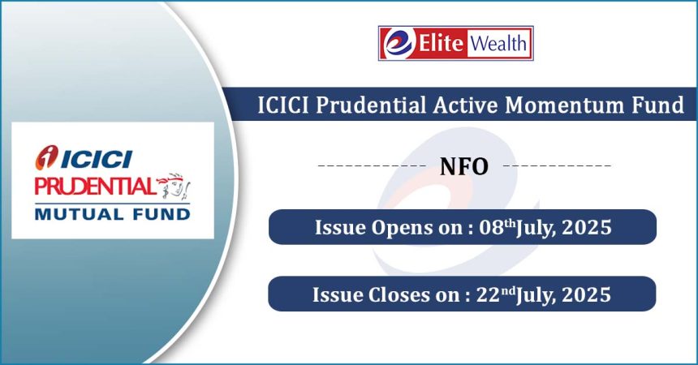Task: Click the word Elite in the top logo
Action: click(x=441, y=43)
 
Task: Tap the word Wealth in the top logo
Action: click(x=498, y=43)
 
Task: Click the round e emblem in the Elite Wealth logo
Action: click(x=398, y=43)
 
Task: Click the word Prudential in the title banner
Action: click(x=371, y=105)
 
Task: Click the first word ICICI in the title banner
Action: click(x=283, y=105)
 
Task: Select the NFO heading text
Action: click(x=464, y=166)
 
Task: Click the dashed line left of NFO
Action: click(x=373, y=166)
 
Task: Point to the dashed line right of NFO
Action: click(x=558, y=166)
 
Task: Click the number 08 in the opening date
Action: click(x=492, y=227)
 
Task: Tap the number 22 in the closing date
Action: click(x=489, y=294)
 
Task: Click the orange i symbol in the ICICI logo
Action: click(x=47, y=157)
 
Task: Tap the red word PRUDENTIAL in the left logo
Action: click(x=94, y=187)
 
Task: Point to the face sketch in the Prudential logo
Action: click(x=174, y=186)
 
